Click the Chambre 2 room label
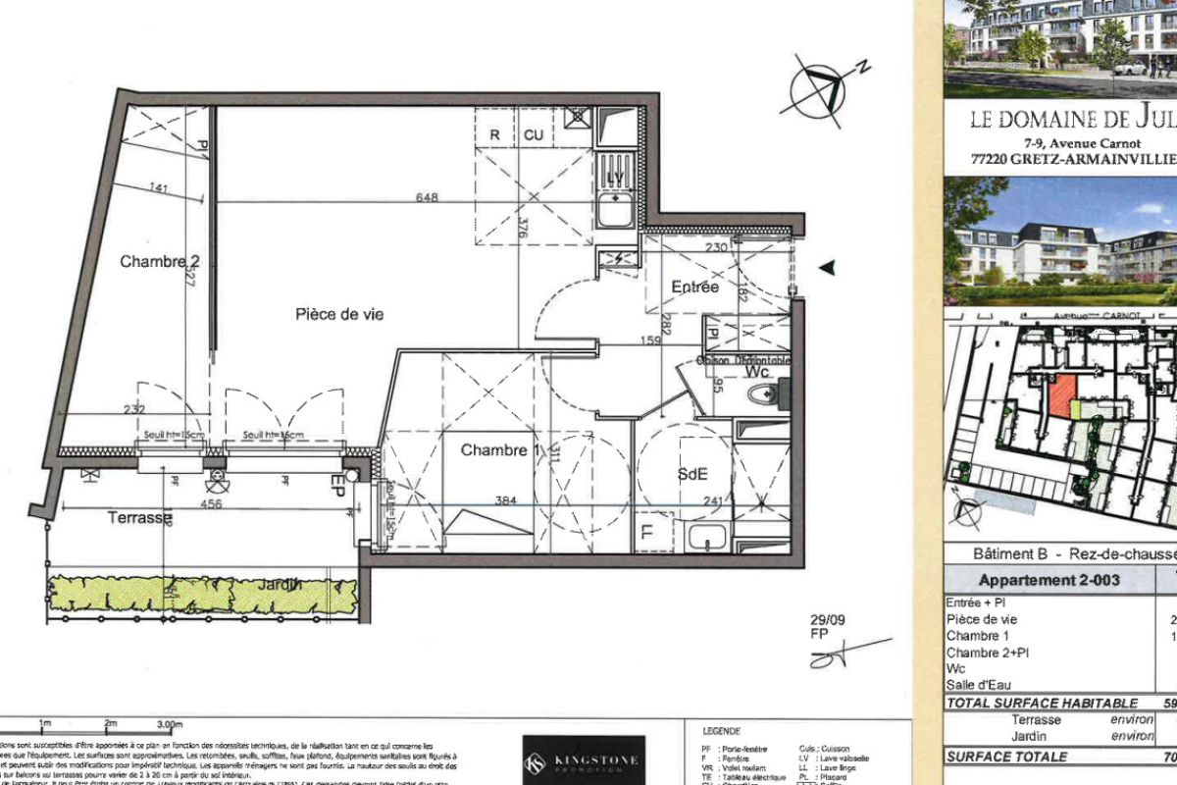click(160, 261)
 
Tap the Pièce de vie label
click(339, 314)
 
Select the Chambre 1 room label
click(501, 450)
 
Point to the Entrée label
click(694, 287)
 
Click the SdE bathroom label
click(691, 473)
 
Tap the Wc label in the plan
click(755, 374)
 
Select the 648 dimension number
click(426, 197)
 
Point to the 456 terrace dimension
click(211, 503)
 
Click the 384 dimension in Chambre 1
click(505, 500)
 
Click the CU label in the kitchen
click(533, 135)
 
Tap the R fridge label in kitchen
click(495, 135)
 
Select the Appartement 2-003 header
click(1034, 580)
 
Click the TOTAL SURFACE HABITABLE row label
click(1042, 703)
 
